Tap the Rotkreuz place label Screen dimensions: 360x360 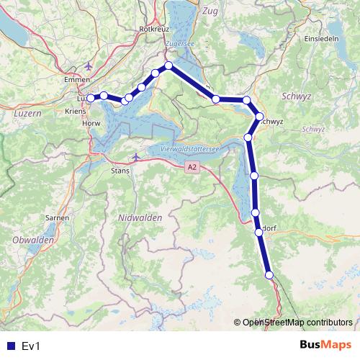pos(153,28)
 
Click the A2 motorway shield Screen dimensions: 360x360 pos(191,167)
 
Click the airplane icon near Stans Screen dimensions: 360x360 pos(137,157)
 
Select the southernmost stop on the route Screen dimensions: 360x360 pos(269,274)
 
